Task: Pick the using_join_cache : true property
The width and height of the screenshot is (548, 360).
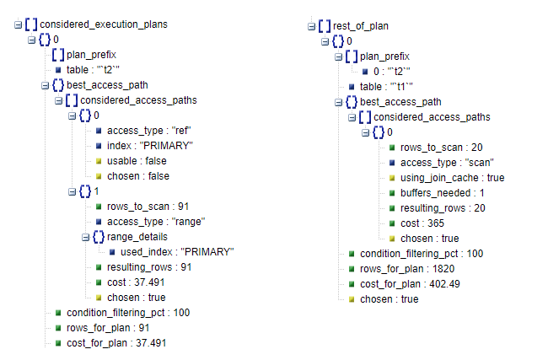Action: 452,178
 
